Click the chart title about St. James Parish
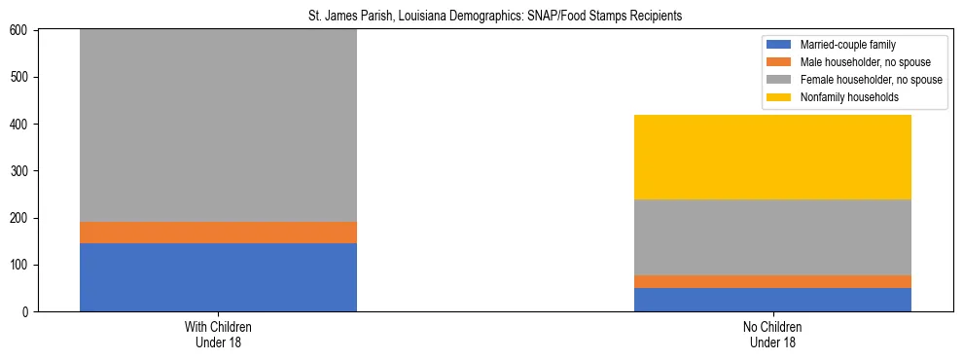coord(481,16)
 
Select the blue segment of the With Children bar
coord(218,277)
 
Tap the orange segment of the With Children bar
coord(218,233)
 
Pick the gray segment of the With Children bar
coord(218,126)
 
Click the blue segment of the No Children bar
coord(772,300)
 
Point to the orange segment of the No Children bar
coord(772,281)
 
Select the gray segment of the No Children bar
coord(772,237)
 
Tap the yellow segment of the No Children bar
coord(772,157)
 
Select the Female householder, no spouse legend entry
coord(856,80)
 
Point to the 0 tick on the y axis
coord(27,312)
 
